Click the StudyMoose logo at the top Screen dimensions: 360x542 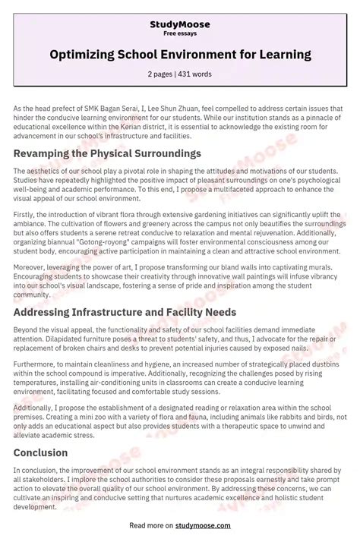[179, 24]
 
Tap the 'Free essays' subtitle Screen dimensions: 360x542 [179, 34]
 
